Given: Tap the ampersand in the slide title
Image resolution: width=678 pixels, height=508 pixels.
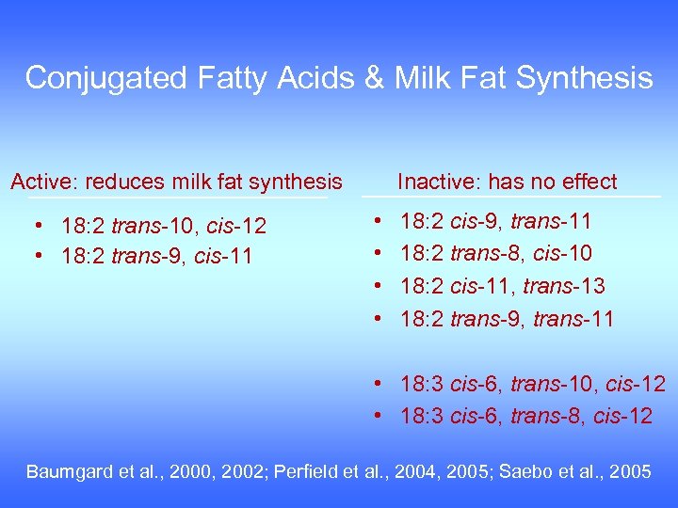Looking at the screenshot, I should (x=375, y=77).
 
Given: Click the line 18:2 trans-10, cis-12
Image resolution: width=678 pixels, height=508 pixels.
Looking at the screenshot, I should (x=164, y=227).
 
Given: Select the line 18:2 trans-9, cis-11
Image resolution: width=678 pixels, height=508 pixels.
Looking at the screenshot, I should (x=156, y=256).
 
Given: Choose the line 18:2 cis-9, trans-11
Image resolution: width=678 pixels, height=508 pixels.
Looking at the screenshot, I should (x=496, y=223).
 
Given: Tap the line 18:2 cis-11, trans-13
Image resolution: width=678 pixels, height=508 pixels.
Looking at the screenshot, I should (x=503, y=286).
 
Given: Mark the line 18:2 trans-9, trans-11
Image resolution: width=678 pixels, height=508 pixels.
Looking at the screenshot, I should (x=507, y=319).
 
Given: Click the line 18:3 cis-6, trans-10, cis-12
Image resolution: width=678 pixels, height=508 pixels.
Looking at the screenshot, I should (x=533, y=385).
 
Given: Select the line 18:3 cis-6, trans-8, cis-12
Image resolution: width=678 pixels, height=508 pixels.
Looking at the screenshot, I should (x=526, y=416).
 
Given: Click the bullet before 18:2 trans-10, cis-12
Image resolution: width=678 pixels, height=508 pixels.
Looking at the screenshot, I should (x=36, y=227).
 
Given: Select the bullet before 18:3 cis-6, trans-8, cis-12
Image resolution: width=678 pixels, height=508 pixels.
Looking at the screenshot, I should (x=376, y=416).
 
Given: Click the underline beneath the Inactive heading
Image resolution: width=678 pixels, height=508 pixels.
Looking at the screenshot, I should (x=512, y=197).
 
